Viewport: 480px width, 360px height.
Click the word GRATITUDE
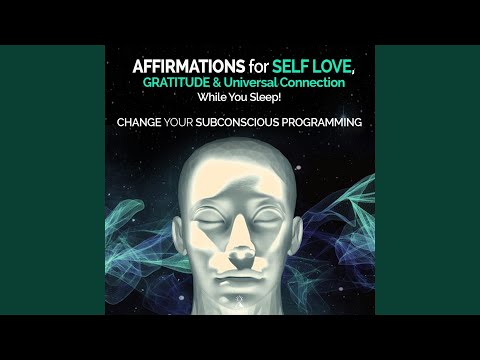pos(177,83)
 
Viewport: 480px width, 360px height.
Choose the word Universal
pos(264,83)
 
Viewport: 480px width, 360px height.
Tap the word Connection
pos(320,83)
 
